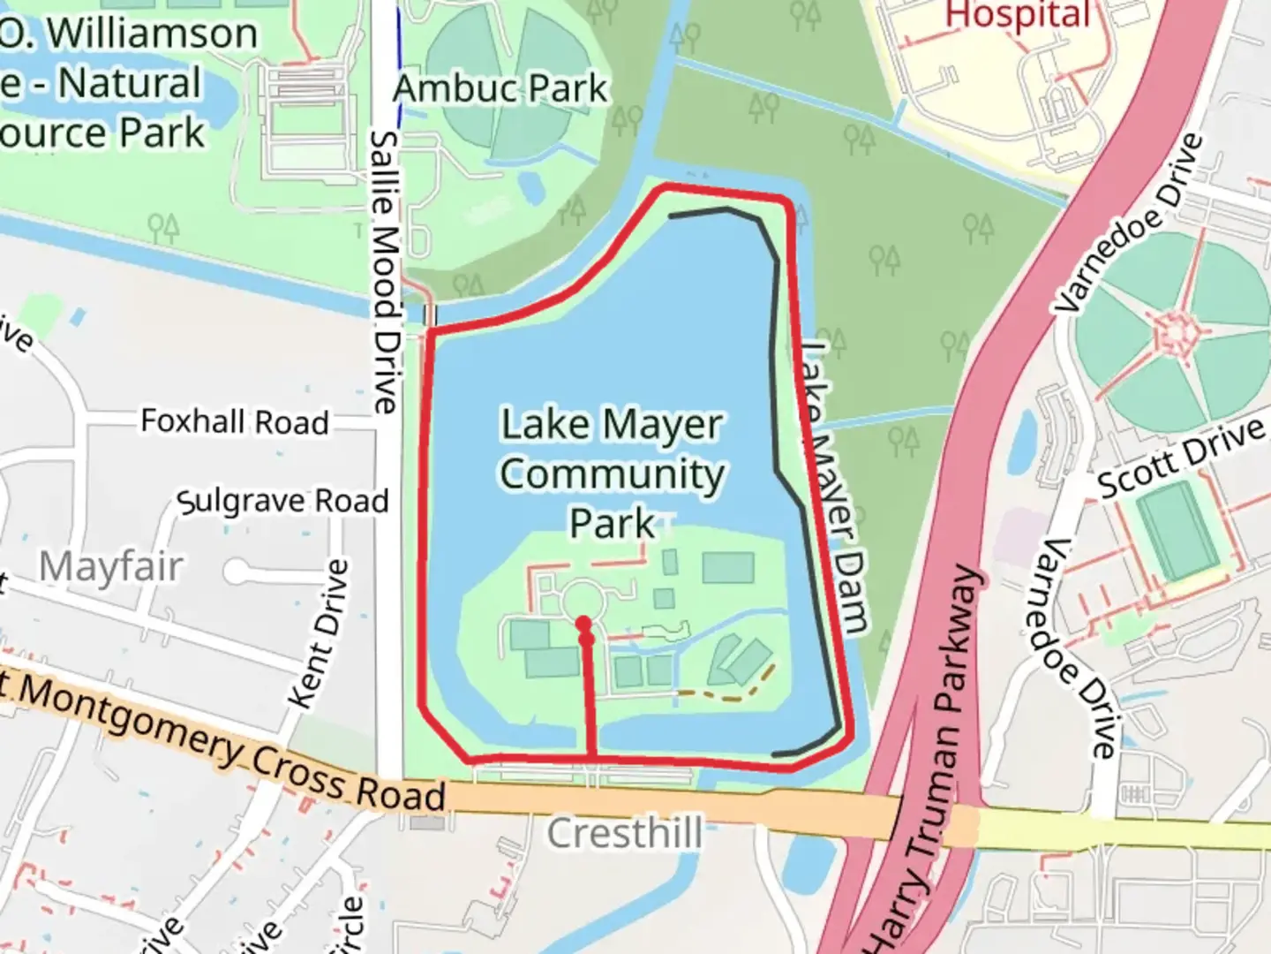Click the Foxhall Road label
235,421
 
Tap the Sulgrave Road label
282,501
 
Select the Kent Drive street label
320,634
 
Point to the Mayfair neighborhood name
111,566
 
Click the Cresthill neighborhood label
625,833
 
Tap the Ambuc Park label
500,88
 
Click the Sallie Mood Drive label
386,272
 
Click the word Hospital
1018,15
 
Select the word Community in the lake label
613,474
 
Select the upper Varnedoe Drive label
1131,223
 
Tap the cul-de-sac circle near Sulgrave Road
237,572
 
